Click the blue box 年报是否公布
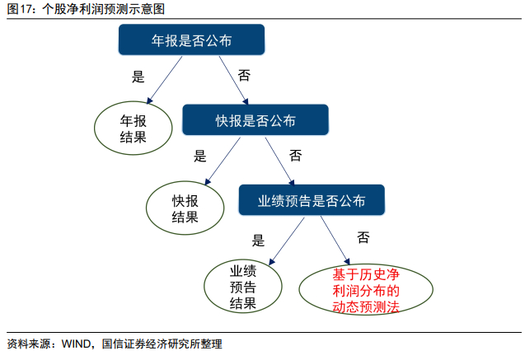click(191, 40)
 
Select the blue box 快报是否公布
click(255, 119)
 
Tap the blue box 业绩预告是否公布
click(312, 199)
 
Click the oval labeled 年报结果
click(134, 129)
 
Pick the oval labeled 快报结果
click(185, 208)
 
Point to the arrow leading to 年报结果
click(164, 80)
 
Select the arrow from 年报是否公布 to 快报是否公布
click(234, 80)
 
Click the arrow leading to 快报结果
click(223, 161)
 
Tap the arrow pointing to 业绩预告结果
click(287, 241)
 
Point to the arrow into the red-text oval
click(335, 241)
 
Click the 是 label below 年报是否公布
click(138, 77)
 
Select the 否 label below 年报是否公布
click(244, 75)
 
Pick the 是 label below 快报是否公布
click(200, 156)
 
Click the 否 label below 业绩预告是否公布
click(363, 237)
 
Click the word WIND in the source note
click(76, 344)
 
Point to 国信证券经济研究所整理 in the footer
click(162, 344)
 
